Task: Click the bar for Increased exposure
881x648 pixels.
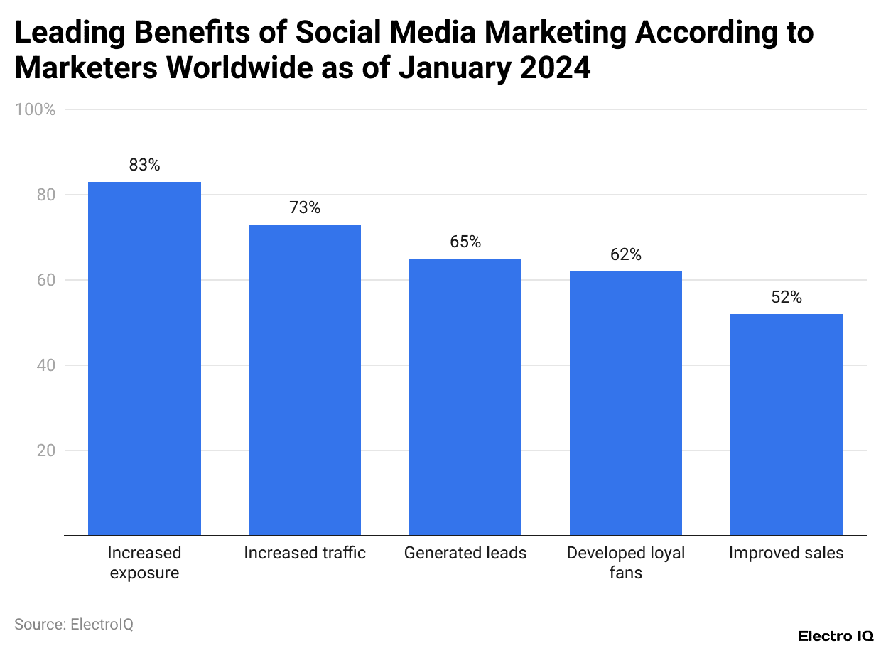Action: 144,359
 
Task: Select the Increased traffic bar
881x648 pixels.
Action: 305,380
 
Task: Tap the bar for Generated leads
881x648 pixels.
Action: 465,397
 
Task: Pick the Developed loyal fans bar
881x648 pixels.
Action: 626,404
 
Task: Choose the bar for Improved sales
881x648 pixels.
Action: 787,425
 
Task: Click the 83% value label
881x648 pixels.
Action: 144,166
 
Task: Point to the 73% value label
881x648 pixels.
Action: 305,208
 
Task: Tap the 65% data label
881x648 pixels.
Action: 465,242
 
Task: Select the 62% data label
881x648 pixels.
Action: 626,255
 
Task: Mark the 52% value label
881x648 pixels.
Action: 787,298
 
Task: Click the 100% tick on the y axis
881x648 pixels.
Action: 35,109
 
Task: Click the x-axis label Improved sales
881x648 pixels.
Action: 787,553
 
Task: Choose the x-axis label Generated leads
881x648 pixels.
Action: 465,553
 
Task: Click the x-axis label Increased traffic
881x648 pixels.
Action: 305,553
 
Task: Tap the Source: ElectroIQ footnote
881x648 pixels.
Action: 74,625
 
